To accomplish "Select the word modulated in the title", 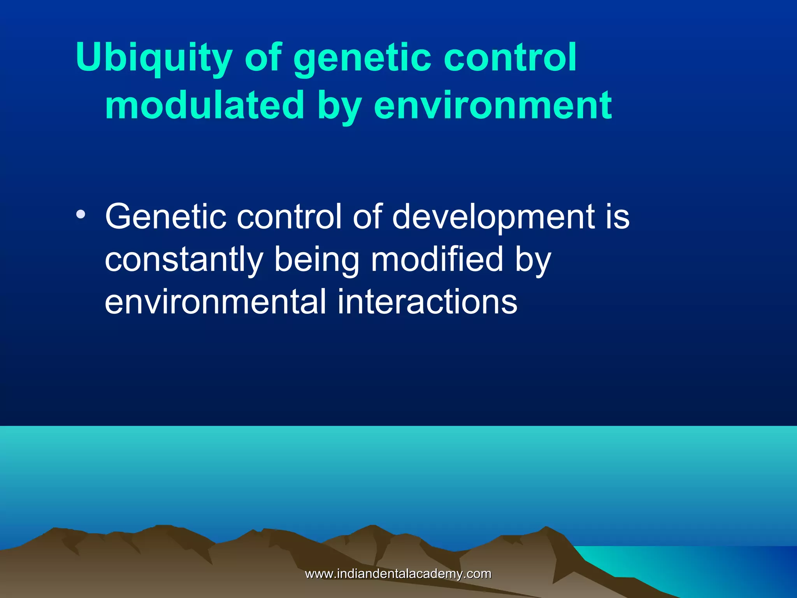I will click(x=204, y=105).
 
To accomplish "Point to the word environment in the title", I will click(x=492, y=105).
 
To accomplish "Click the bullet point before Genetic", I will click(x=81, y=215).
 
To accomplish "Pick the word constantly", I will click(x=184, y=260).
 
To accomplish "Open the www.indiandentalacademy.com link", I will click(x=398, y=574).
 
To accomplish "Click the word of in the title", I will click(x=263, y=58).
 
